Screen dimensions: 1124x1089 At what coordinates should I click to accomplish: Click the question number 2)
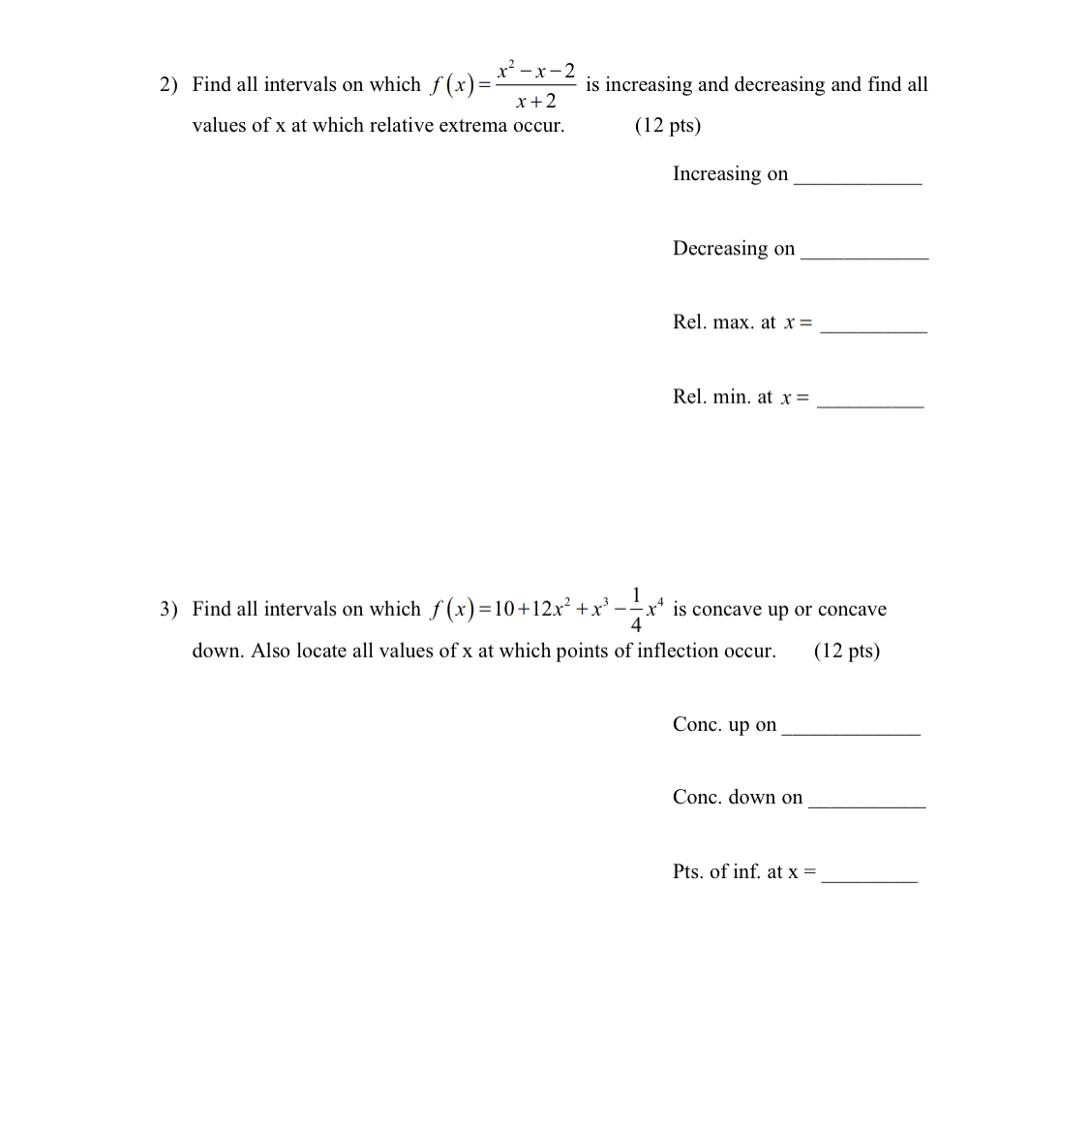(168, 85)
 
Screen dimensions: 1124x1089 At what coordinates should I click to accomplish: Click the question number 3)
(168, 610)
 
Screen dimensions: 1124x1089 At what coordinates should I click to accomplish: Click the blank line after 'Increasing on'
(857, 180)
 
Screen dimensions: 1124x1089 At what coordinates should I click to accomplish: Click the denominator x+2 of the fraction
(536, 102)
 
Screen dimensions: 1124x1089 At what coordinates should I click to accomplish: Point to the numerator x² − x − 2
(536, 71)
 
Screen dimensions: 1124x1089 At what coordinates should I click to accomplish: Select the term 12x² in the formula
(551, 609)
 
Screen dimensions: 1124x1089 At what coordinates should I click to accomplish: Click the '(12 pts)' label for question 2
(668, 126)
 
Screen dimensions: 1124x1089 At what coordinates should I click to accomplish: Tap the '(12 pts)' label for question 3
(847, 651)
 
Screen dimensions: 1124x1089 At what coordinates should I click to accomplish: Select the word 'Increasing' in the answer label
(717, 174)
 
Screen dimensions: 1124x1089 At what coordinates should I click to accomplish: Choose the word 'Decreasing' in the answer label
(720, 249)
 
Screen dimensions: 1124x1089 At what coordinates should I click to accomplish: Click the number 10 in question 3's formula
(503, 610)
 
